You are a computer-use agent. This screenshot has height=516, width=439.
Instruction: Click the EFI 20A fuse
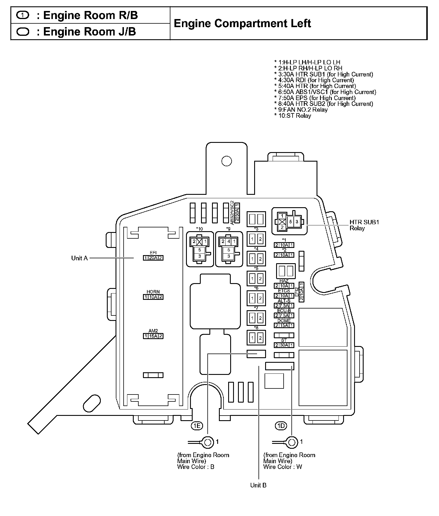tap(153, 258)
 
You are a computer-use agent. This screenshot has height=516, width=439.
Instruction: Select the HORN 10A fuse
tap(153, 297)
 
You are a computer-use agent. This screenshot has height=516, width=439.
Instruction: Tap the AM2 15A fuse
tap(153, 336)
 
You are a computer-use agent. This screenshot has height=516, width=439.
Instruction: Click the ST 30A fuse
tap(284, 345)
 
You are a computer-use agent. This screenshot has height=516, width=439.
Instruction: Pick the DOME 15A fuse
tap(284, 326)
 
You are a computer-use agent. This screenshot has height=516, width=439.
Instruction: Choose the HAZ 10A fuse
tap(284, 286)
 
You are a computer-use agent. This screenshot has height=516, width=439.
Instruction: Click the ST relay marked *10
tap(200, 249)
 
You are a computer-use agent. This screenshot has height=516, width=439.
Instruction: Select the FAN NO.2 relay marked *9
tap(229, 249)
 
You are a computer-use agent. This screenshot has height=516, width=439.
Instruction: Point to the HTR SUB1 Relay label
tap(364, 225)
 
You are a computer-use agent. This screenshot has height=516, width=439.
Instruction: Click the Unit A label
tap(79, 258)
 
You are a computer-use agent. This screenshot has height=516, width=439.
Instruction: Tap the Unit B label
tap(258, 485)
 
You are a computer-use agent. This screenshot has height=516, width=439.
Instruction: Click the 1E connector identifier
tap(197, 426)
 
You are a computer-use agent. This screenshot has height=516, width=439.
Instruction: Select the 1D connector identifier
tap(281, 426)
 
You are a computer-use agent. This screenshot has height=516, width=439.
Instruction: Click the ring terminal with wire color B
tap(207, 442)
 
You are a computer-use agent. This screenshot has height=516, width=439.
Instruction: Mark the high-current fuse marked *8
tap(256, 338)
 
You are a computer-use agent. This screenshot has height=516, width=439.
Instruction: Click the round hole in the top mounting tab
tap(227, 161)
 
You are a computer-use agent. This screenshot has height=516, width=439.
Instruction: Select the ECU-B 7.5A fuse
tap(284, 315)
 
